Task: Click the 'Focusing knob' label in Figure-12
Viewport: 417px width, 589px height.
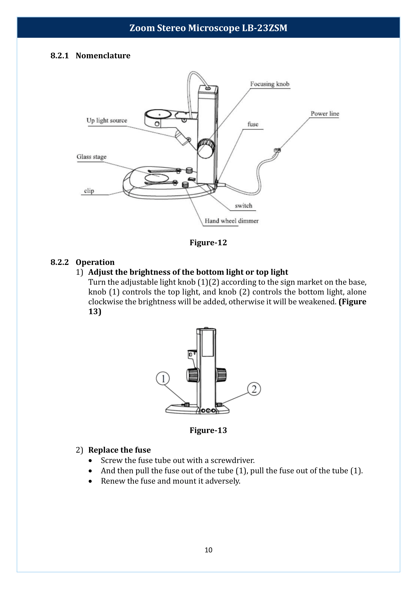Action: coord(270,84)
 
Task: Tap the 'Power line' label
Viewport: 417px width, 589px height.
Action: coord(325,113)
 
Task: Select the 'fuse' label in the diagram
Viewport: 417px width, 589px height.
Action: coord(253,124)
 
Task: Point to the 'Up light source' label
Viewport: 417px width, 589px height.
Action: coord(107,121)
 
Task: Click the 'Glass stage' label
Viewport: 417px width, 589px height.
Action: coord(92,157)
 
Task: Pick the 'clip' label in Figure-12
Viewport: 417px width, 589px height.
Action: coord(89,191)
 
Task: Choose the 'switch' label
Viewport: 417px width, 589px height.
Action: coord(244,205)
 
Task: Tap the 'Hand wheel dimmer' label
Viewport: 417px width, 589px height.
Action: coord(232,221)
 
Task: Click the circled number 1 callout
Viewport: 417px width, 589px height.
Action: coord(163,378)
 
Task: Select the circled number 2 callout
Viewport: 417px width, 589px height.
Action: coord(254,389)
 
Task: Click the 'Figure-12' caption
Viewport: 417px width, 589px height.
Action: coord(208,242)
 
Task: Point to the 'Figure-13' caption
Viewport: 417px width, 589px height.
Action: coord(208,430)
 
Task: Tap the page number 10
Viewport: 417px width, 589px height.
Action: coord(209,550)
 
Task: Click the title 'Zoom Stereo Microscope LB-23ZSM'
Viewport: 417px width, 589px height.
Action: coord(208,28)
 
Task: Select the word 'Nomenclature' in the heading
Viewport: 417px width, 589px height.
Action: coord(103,55)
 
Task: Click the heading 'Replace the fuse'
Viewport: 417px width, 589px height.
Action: coord(120,450)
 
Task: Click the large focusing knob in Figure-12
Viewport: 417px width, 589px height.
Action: coord(206,149)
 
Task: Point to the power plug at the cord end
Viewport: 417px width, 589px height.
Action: coord(277,150)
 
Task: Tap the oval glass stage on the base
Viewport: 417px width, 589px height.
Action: coord(156,178)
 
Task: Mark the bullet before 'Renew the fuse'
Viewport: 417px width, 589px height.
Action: coord(90,481)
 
